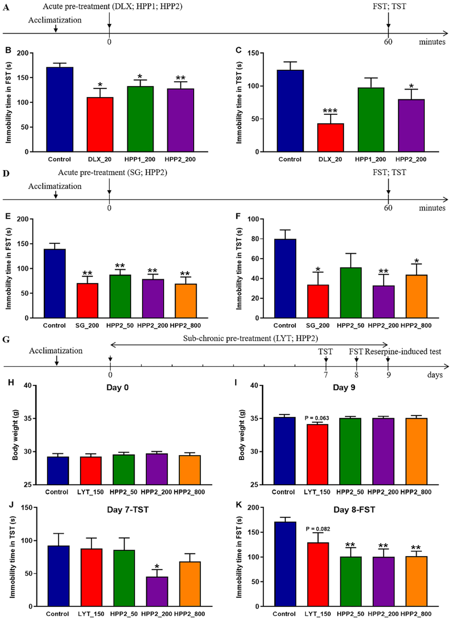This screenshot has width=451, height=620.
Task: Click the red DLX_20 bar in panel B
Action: [x=100, y=124]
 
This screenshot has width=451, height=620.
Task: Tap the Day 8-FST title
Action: [x=354, y=510]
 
